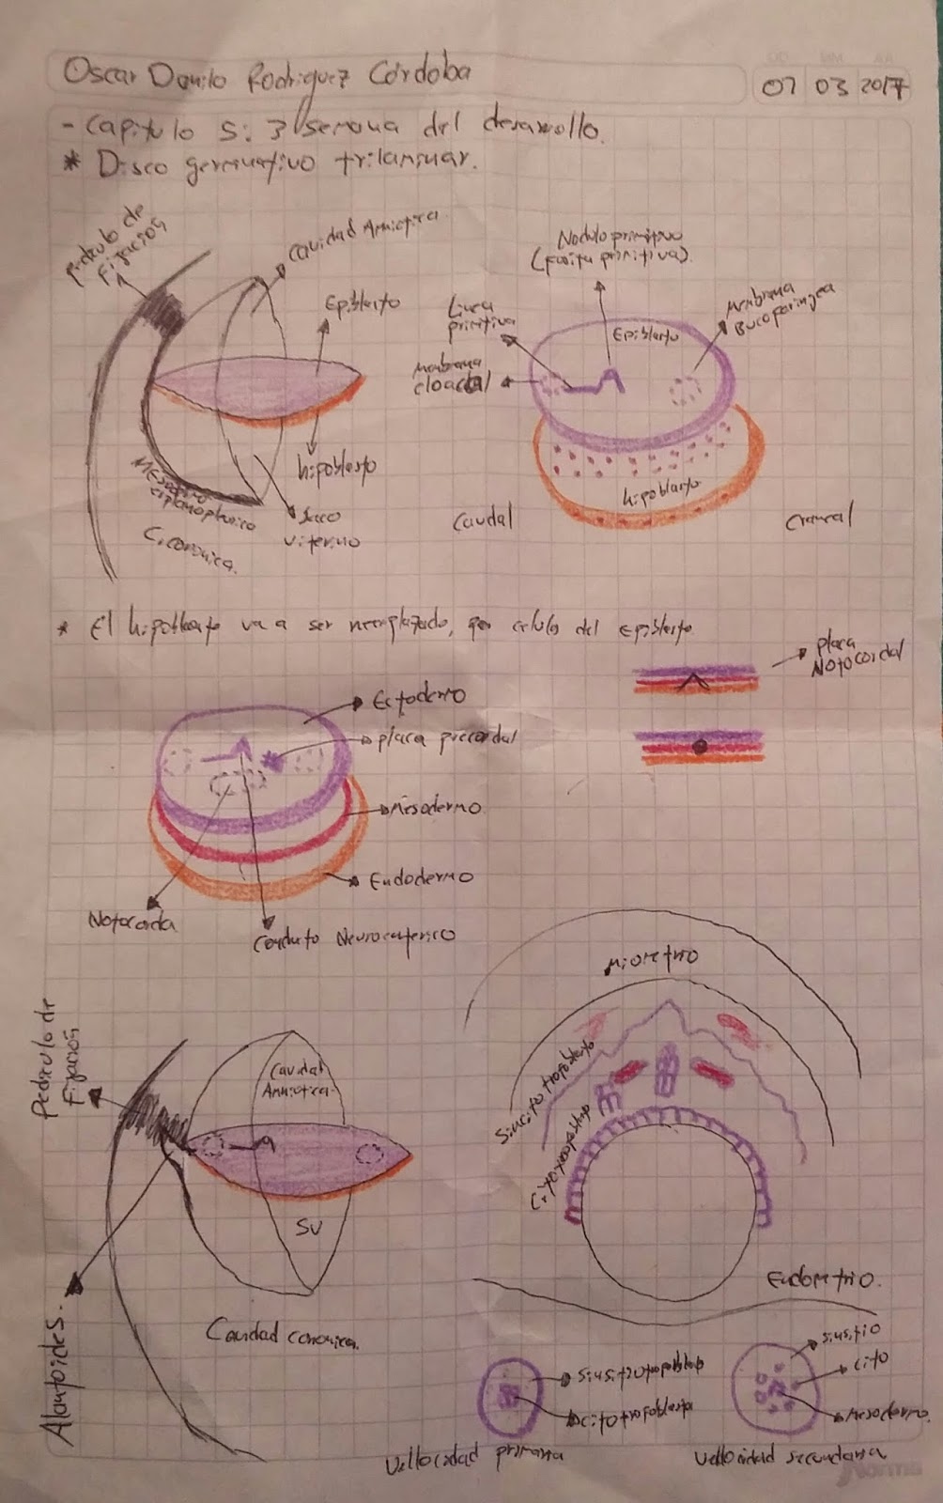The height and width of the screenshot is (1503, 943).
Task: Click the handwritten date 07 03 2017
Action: point(832,87)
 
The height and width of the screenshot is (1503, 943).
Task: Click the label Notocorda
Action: point(132,922)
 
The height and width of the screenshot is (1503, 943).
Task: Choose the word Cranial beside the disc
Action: point(819,517)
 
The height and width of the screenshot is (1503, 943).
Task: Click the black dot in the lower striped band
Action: point(699,748)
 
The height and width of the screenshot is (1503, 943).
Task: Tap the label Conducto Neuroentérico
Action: point(353,937)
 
